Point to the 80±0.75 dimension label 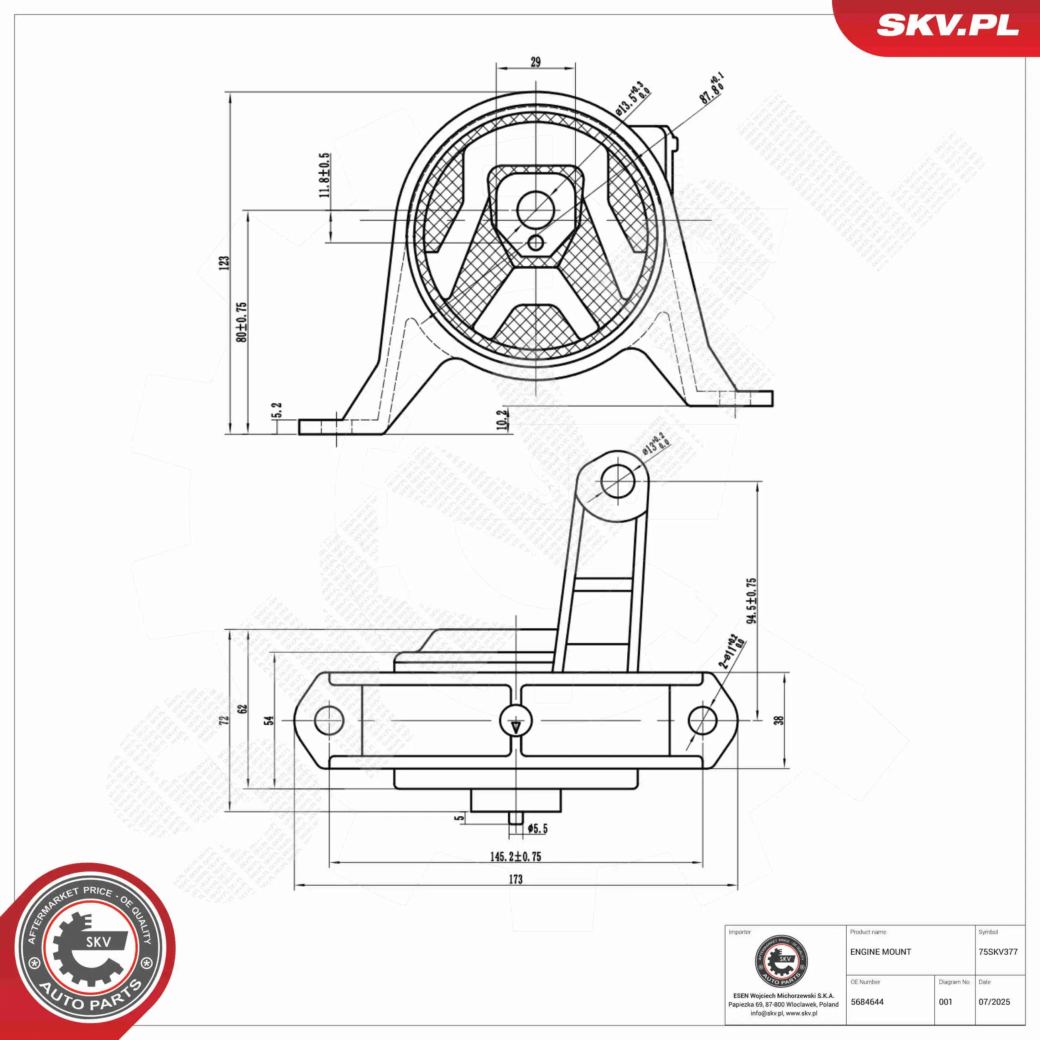point(241,322)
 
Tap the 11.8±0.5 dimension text point(324,175)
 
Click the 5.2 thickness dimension point(277,410)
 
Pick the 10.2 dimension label point(502,420)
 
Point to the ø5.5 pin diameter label point(537,829)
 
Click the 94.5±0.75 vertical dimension point(751,601)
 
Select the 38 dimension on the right point(778,720)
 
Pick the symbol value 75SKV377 point(998,952)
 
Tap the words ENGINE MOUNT point(881,952)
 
